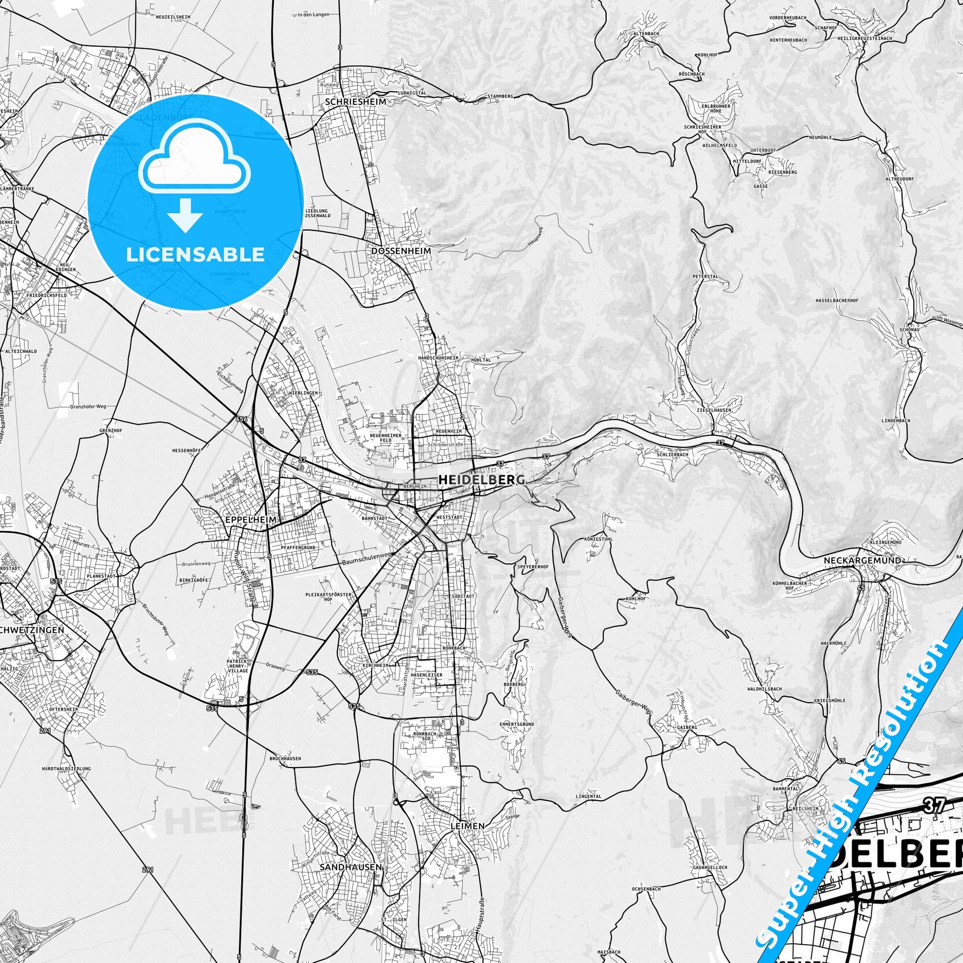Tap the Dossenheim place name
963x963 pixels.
pyautogui.click(x=401, y=251)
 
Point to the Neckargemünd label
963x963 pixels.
pyautogui.click(x=863, y=560)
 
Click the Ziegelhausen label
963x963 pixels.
pyautogui.click(x=714, y=410)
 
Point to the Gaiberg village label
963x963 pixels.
pyautogui.click(x=686, y=727)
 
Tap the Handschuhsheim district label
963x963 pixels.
pyautogui.click(x=438, y=358)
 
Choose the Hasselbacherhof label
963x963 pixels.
pyautogui.click(x=837, y=300)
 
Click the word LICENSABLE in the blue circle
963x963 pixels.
pyautogui.click(x=195, y=254)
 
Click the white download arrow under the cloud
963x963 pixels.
pyautogui.click(x=186, y=215)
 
